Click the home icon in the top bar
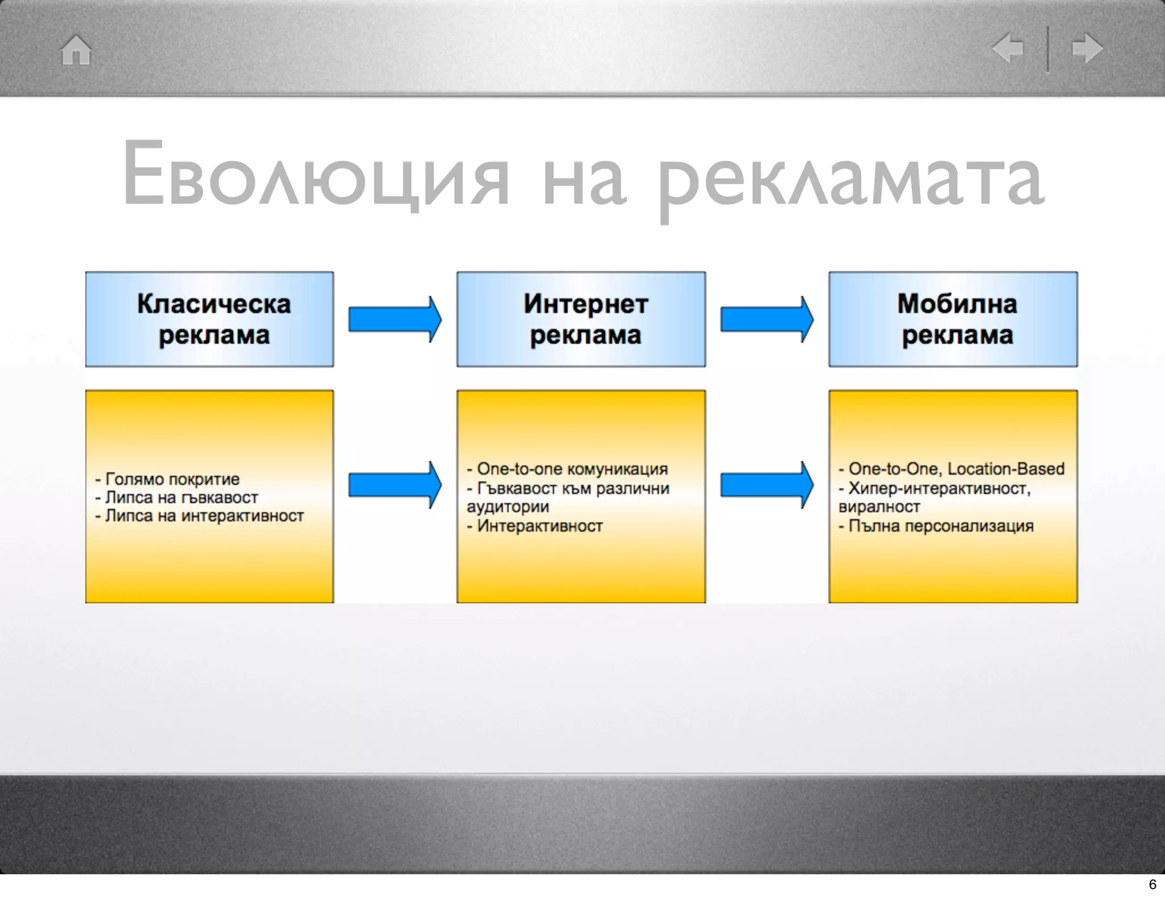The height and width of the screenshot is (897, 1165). pos(76,50)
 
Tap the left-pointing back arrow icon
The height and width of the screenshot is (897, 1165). pos(1008,48)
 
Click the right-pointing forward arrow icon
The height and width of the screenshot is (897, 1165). pos(1087,48)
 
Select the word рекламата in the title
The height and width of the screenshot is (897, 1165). pos(850,176)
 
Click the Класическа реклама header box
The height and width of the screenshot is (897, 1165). pos(209,319)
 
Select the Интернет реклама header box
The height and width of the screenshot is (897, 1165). pos(581,319)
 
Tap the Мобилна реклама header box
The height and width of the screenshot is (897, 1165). pos(953,319)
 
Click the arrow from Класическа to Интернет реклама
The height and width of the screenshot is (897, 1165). pos(395,319)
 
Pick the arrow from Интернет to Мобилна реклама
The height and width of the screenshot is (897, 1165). pos(766,319)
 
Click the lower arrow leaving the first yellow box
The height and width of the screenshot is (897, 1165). pos(395,485)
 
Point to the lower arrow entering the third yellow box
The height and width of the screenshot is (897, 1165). pos(766,485)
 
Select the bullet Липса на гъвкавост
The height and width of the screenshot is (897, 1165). pos(181,497)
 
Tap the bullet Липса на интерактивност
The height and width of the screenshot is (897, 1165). pos(204,516)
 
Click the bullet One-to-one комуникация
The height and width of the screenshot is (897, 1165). pos(572,469)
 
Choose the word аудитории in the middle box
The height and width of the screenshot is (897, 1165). pos(507,507)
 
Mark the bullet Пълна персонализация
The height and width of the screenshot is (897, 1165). pos(940,526)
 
